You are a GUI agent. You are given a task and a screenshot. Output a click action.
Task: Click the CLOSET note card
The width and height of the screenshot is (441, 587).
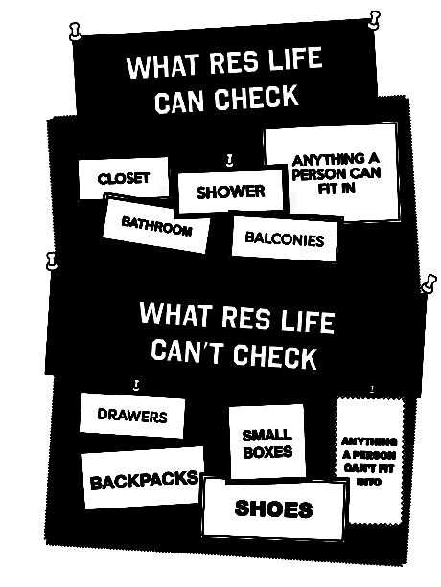tap(124, 178)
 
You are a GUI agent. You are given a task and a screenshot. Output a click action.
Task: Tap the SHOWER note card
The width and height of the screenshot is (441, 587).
tap(230, 192)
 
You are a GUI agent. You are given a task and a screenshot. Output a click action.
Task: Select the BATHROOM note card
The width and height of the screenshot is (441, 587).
tap(156, 225)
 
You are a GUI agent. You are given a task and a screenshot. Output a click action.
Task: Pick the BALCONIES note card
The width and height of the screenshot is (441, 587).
tap(285, 238)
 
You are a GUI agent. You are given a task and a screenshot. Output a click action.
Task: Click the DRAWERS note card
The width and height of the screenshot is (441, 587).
tap(132, 416)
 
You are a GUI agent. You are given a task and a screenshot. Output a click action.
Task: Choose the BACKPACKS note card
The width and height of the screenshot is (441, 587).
tap(144, 478)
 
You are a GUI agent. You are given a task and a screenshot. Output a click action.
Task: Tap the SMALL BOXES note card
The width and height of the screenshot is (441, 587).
tap(267, 442)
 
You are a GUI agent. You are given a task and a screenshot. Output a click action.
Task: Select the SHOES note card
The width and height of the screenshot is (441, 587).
tap(274, 508)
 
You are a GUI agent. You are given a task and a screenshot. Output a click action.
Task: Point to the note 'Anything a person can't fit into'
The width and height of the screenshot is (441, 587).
tap(369, 462)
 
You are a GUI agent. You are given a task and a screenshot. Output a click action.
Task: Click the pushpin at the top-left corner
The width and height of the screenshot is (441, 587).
tap(76, 31)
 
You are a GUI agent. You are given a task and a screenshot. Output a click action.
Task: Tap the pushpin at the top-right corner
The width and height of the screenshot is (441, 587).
tap(373, 19)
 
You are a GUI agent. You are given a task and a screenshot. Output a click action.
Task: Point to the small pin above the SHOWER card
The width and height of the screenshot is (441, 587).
tap(230, 160)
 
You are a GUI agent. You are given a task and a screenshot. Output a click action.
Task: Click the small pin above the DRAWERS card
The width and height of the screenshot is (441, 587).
tap(137, 385)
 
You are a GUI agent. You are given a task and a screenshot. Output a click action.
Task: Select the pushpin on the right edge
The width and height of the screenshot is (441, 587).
tap(429, 283)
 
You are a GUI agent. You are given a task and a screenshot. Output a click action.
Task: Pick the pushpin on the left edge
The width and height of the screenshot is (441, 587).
tap(52, 260)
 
